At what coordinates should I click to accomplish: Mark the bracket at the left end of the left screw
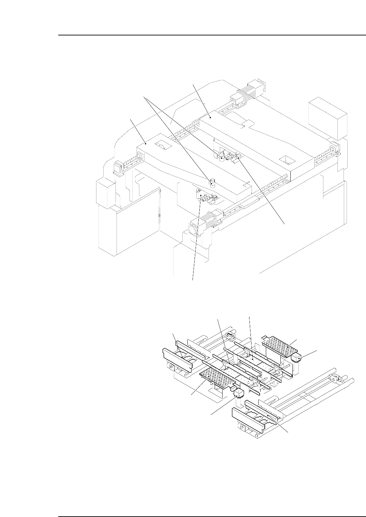tap(118, 168)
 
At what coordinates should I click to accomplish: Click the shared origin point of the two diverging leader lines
tap(145, 97)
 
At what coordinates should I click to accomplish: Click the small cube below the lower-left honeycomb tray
tap(239, 394)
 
